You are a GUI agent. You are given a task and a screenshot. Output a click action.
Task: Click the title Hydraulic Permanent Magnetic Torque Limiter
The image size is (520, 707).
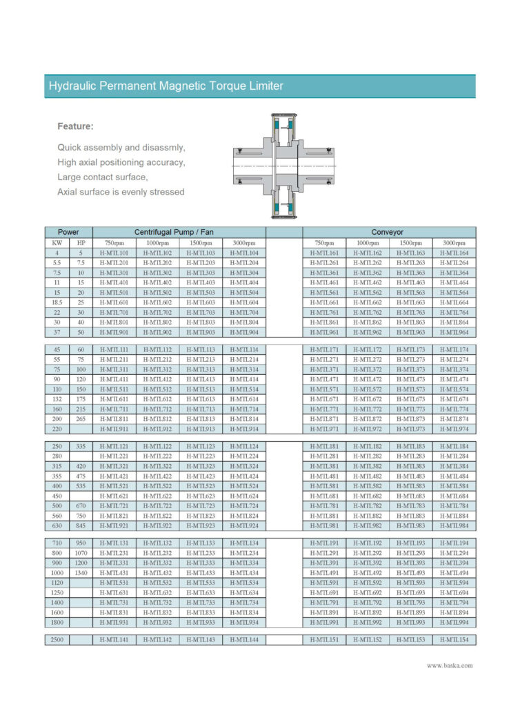point(166,86)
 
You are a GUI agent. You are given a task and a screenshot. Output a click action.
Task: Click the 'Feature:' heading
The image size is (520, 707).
point(75,126)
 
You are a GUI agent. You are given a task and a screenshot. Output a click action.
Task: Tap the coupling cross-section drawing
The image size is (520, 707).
point(284,166)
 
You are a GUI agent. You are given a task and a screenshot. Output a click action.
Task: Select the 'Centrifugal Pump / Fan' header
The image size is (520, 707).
point(179,232)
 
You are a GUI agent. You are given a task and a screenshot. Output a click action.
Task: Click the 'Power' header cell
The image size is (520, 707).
point(68,232)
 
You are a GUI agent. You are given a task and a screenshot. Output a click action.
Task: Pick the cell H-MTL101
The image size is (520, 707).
point(114,253)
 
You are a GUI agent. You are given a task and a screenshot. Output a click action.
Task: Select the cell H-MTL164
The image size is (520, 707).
point(454,253)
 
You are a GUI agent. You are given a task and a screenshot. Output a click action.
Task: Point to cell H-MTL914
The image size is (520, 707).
point(243,429)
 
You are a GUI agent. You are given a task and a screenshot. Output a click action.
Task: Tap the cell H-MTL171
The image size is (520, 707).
point(324,350)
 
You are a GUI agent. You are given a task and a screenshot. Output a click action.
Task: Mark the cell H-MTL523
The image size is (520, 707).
point(200,487)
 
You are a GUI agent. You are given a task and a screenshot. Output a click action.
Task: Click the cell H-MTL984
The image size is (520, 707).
point(454,526)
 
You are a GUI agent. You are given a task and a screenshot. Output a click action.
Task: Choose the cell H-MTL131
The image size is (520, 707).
point(114,543)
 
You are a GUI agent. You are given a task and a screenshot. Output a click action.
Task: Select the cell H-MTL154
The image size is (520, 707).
point(454,640)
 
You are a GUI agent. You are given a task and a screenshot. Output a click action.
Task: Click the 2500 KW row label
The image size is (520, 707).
point(57,640)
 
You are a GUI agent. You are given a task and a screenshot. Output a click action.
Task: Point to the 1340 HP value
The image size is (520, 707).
point(81,572)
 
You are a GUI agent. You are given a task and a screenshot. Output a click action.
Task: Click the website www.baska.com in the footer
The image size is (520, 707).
point(450,666)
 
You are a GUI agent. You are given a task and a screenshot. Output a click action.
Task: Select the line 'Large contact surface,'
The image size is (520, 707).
point(103,177)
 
